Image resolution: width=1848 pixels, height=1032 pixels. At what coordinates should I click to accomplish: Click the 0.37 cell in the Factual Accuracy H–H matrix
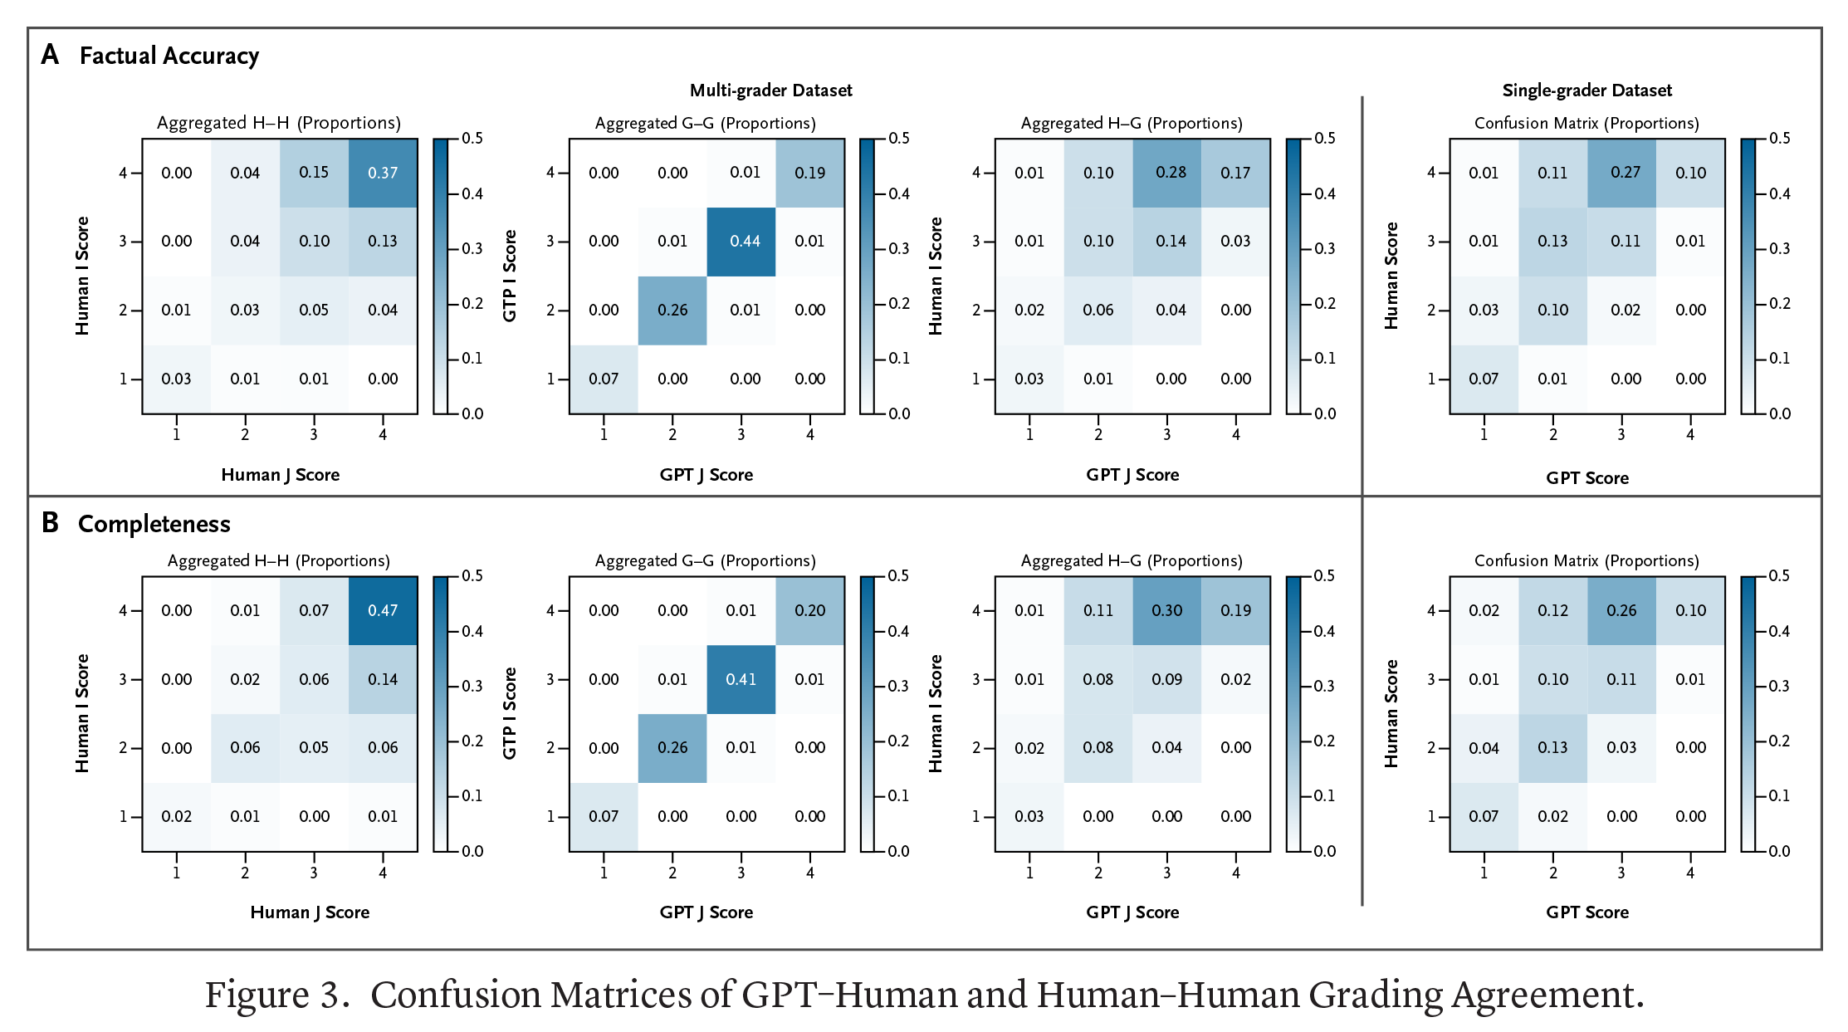pos(383,173)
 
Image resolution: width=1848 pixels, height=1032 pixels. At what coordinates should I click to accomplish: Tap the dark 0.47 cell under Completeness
pos(383,610)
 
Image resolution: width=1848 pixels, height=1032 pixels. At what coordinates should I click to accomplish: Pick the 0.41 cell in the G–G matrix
pos(741,679)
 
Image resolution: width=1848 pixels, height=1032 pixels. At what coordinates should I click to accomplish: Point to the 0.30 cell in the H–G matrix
pos(1166,610)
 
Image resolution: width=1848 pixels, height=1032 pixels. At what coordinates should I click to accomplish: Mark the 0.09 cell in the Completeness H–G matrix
pos(1166,679)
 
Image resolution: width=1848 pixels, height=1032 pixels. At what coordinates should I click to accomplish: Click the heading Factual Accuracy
pos(169,56)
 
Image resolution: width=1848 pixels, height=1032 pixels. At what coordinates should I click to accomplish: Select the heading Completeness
pos(154,524)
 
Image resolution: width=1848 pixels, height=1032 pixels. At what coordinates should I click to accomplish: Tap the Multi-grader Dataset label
pos(770,90)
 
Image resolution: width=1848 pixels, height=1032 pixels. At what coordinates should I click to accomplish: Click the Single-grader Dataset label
pos(1586,90)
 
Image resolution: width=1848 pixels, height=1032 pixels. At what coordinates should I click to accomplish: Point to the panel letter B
pos(50,523)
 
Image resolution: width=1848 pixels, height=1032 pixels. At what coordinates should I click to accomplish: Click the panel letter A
pos(50,55)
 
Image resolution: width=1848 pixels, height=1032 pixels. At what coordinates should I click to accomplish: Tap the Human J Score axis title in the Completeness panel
pos(310,912)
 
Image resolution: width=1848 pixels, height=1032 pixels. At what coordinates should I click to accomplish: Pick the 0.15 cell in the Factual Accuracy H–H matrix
pos(314,173)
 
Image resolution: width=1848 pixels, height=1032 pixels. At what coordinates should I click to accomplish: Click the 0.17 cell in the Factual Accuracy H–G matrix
pos(1235,173)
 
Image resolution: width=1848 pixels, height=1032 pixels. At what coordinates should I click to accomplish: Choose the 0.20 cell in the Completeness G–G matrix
pos(809,610)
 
